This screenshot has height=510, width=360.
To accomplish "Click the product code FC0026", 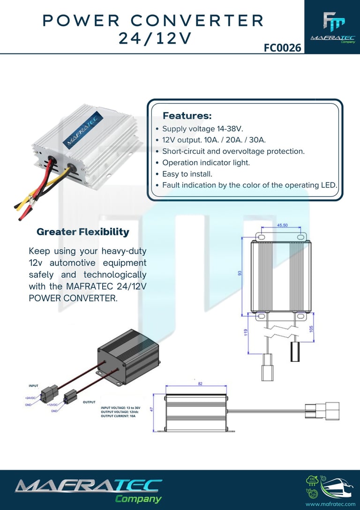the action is [282, 47].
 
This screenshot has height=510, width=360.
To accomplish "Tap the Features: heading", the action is [187, 115].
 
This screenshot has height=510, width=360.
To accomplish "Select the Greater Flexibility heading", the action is [82, 232].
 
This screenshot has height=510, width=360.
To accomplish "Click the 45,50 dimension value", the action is [282, 225].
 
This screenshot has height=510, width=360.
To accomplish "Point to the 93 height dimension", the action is [240, 273].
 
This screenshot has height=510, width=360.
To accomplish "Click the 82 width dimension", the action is [200, 383].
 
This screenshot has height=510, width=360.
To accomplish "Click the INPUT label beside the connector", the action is [33, 386].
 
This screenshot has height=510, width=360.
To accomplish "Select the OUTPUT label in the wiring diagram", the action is [89, 402].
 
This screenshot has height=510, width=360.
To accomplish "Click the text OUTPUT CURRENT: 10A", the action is [118, 416].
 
